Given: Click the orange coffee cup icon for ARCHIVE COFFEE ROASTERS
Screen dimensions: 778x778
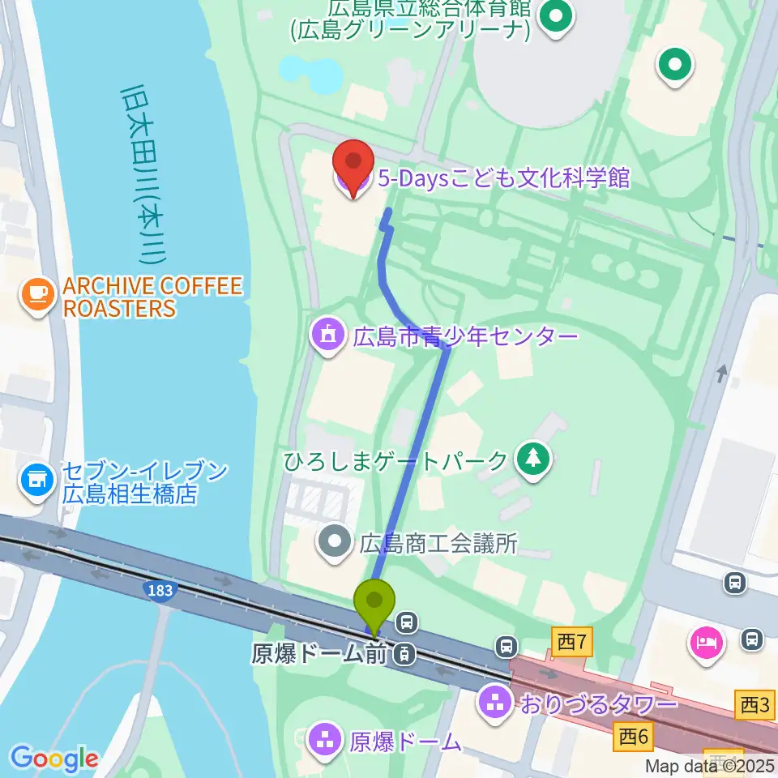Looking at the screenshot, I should [37, 294].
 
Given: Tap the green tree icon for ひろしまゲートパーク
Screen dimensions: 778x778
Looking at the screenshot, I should [533, 460].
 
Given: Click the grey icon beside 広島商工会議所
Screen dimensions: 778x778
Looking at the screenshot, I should [335, 542].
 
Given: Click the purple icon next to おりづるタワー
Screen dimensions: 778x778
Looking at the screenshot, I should [494, 702].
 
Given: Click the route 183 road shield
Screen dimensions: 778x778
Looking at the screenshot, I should [160, 590].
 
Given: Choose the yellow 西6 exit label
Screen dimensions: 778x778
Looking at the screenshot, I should [635, 737].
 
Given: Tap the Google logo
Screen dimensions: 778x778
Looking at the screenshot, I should [54, 759].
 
